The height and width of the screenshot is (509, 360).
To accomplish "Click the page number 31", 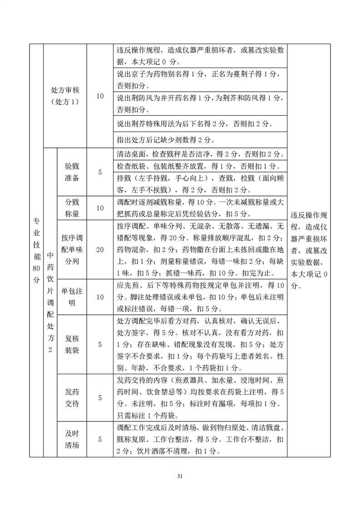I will tap(180, 476).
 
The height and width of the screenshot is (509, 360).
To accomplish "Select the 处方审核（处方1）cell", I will tap(65, 96).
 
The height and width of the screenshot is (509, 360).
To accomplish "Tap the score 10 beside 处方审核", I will tap(100, 96).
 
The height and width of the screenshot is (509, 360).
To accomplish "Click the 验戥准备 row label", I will tap(72, 172).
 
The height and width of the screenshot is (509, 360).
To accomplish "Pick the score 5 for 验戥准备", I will tap(100, 172).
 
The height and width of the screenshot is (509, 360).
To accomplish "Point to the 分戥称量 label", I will tap(72, 208).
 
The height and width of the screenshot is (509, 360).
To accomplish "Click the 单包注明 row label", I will tap(72, 297).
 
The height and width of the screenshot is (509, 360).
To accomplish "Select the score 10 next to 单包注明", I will tap(100, 297).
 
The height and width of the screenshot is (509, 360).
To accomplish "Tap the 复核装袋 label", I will tap(72, 344).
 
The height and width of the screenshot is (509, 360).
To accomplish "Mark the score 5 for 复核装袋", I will tap(100, 344).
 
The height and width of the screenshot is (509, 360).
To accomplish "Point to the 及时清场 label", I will tap(72, 439).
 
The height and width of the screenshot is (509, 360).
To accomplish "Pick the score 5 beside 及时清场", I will tap(100, 439).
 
